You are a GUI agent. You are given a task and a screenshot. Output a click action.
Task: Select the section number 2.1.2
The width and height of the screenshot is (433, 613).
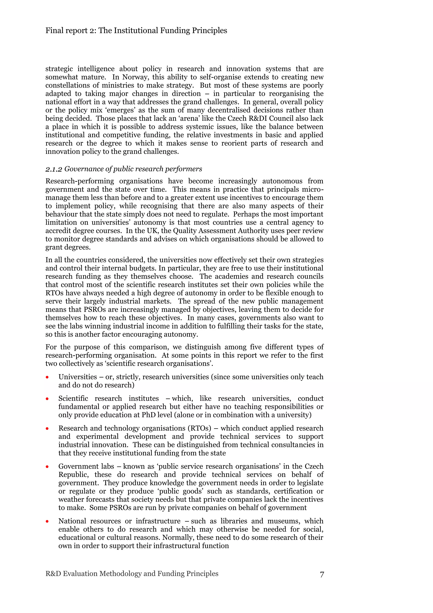(x=54, y=169)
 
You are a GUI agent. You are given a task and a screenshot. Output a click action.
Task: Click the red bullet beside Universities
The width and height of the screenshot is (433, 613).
(x=47, y=377)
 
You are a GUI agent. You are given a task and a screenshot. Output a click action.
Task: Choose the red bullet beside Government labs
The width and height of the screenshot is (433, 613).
(x=47, y=467)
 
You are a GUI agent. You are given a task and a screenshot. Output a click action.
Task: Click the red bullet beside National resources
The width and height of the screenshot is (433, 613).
(x=47, y=521)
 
